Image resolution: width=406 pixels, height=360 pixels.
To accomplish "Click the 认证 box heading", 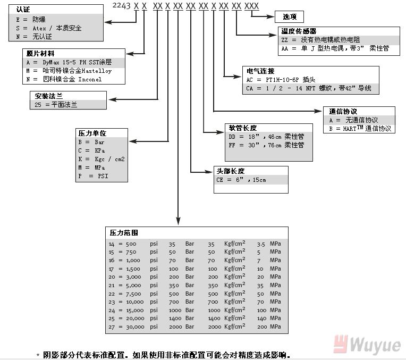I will (23, 9).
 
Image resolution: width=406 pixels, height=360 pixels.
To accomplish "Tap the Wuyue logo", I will (367, 345).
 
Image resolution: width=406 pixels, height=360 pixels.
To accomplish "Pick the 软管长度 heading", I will (243, 128).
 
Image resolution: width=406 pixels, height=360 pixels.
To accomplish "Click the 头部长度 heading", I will (231, 171).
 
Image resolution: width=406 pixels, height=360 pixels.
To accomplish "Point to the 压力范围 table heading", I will (124, 233).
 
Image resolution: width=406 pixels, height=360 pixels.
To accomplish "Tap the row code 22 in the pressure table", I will (112, 294).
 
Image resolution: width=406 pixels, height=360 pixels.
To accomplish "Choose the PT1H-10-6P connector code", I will (285, 79).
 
